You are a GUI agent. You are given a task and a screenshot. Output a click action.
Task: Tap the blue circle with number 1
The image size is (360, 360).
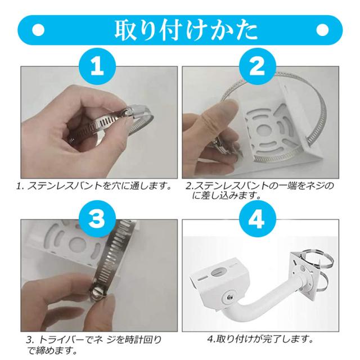pyautogui.click(x=97, y=66)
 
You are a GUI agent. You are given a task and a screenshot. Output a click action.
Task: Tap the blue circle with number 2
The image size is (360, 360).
pyautogui.click(x=257, y=66)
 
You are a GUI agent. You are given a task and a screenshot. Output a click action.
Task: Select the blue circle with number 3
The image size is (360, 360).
pyautogui.click(x=97, y=218)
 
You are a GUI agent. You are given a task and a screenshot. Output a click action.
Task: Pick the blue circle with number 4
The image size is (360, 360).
pyautogui.click(x=257, y=218)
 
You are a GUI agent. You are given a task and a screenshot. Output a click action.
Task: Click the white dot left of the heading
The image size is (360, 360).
pyautogui.click(x=38, y=30)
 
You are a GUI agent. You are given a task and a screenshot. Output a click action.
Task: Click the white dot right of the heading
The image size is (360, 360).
pyautogui.click(x=322, y=30)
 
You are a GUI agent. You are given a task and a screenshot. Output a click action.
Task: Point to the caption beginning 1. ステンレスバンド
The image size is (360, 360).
pyautogui.click(x=94, y=186)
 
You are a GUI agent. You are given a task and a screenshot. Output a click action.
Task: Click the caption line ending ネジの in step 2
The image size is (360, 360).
pyautogui.click(x=260, y=186)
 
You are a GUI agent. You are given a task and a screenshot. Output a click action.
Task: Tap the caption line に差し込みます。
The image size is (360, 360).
pyautogui.click(x=227, y=196)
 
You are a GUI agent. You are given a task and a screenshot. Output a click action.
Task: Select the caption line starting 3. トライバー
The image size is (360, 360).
pyautogui.click(x=94, y=340)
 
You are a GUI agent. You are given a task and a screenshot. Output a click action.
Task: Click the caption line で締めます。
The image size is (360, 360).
pyautogui.click(x=52, y=350)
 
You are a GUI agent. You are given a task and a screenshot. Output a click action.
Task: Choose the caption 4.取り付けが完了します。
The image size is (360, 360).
pyautogui.click(x=260, y=339)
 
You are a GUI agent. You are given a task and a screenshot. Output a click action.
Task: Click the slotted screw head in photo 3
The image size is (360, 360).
pyautogui.click(x=98, y=293)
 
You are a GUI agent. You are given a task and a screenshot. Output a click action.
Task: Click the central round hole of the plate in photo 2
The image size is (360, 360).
pyautogui.click(x=264, y=130)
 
